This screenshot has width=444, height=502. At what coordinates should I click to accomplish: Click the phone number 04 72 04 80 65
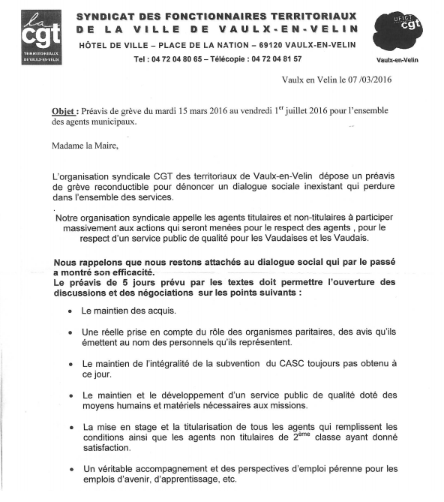pos(185,59)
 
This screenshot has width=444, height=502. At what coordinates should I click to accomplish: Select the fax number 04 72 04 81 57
pos(272,59)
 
